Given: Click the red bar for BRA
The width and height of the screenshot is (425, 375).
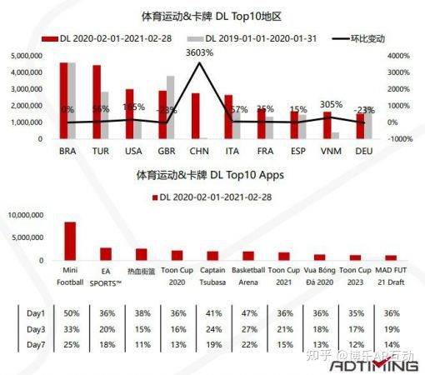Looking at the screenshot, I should point(63,101).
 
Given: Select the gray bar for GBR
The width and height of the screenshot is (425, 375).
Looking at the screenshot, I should point(172,107).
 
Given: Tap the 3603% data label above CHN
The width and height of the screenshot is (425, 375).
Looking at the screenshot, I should point(198,52).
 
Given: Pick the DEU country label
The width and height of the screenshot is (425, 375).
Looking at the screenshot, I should point(364,152).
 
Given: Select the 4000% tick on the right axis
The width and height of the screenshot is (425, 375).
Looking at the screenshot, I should point(401,56).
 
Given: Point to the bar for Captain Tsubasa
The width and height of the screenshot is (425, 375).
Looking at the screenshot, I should point(212,256).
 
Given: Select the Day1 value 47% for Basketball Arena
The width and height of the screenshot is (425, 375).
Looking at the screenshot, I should point(248,312).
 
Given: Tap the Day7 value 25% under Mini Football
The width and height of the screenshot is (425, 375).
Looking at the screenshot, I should point(71,344).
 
